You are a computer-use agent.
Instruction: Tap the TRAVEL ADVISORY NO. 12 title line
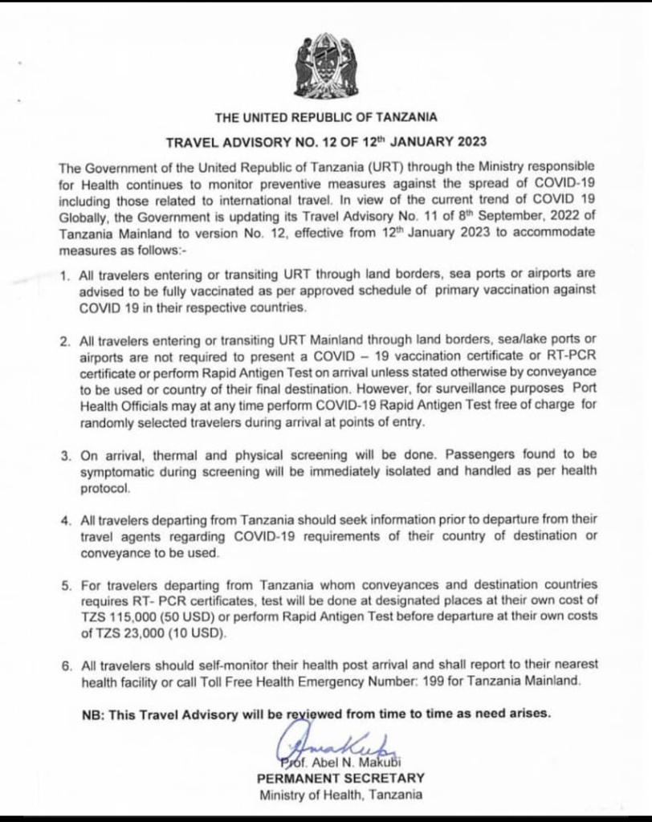coord(325,143)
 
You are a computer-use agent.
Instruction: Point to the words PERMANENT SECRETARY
coord(341,779)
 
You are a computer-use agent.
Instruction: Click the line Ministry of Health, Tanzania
coord(341,796)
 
